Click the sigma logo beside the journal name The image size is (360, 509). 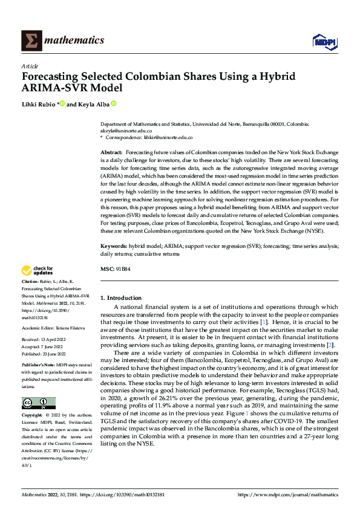coord(30,41)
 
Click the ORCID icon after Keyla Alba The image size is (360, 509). coord(113,104)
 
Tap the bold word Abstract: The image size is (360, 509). coord(111,154)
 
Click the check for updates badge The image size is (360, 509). coord(38,271)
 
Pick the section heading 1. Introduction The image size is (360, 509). coord(121,298)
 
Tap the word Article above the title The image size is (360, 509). coord(29,65)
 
